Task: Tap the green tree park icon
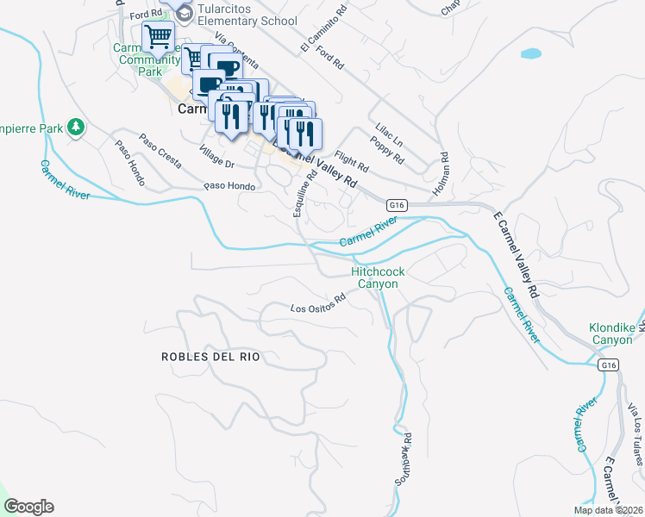pyautogui.click(x=76, y=128)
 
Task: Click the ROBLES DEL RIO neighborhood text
pyautogui.click(x=210, y=356)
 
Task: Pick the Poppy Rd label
pyautogui.click(x=387, y=148)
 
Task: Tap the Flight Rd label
pyautogui.click(x=351, y=161)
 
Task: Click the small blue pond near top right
pyautogui.click(x=530, y=53)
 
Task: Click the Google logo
pyautogui.click(x=28, y=507)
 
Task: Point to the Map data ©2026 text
pyautogui.click(x=608, y=510)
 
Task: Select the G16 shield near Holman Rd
pyautogui.click(x=396, y=204)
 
